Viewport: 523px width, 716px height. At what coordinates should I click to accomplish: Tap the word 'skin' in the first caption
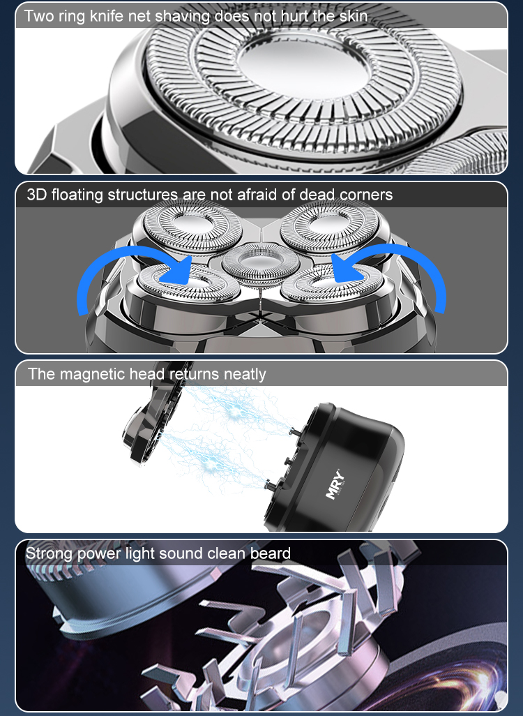tap(354, 16)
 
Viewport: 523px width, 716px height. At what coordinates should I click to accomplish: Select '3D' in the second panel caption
tap(36, 195)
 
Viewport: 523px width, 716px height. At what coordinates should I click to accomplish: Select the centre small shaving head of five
tap(261, 264)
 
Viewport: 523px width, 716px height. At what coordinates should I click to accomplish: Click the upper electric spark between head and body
tap(236, 411)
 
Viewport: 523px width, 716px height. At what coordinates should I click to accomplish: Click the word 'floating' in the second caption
tap(77, 195)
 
